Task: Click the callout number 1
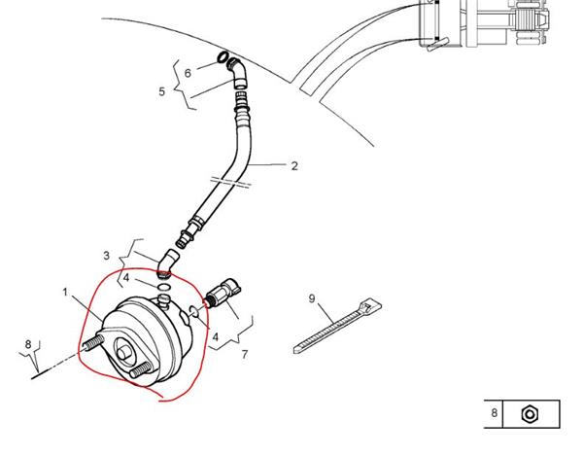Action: click(65, 293)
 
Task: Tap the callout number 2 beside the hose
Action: click(294, 166)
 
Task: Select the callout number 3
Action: click(106, 256)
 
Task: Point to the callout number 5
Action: click(161, 91)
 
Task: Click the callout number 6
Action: click(188, 73)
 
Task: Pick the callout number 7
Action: click(244, 354)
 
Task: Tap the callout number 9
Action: click(312, 298)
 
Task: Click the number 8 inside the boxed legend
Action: click(495, 412)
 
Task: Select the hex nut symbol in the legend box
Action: click(530, 414)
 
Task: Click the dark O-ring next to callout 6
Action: click(223, 57)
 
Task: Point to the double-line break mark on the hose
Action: click(230, 183)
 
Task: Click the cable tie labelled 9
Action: click(337, 325)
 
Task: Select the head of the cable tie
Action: click(369, 305)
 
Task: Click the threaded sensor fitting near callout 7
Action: click(223, 292)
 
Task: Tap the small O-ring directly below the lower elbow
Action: click(164, 287)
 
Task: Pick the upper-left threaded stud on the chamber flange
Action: click(93, 342)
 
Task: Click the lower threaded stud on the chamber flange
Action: click(141, 370)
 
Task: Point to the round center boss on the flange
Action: click(124, 352)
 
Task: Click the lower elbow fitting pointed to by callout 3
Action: click(167, 263)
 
